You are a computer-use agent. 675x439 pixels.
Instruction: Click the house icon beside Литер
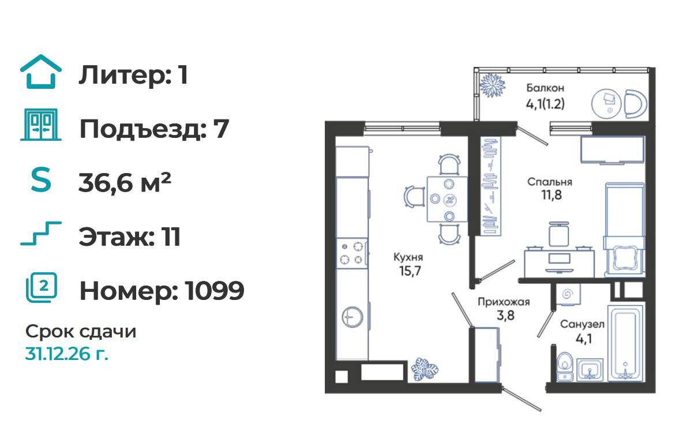click(x=41, y=72)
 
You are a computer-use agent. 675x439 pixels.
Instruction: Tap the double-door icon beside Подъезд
click(x=41, y=125)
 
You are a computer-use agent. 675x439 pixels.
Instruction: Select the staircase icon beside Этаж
click(x=41, y=233)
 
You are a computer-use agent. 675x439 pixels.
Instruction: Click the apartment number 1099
click(x=215, y=291)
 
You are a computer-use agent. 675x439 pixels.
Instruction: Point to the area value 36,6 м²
click(x=125, y=182)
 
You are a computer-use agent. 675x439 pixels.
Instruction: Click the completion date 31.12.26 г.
click(x=67, y=354)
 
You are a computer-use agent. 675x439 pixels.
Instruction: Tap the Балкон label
click(x=545, y=88)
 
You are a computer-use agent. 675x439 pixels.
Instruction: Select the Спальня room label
click(x=550, y=182)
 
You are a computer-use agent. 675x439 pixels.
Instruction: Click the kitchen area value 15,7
click(x=410, y=271)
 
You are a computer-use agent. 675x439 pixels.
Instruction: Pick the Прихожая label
click(x=503, y=302)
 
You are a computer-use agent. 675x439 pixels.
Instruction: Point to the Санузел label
click(x=582, y=324)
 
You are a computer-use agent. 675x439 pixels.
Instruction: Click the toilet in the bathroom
click(x=564, y=366)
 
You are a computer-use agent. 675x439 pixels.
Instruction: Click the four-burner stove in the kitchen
click(x=352, y=253)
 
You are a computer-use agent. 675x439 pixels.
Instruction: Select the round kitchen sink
click(x=352, y=317)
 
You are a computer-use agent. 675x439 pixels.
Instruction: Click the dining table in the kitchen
click(x=447, y=199)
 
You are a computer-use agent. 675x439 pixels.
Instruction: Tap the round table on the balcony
click(x=606, y=104)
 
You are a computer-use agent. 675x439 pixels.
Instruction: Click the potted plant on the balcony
click(x=492, y=85)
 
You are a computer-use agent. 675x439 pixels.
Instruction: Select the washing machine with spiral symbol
click(x=567, y=294)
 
